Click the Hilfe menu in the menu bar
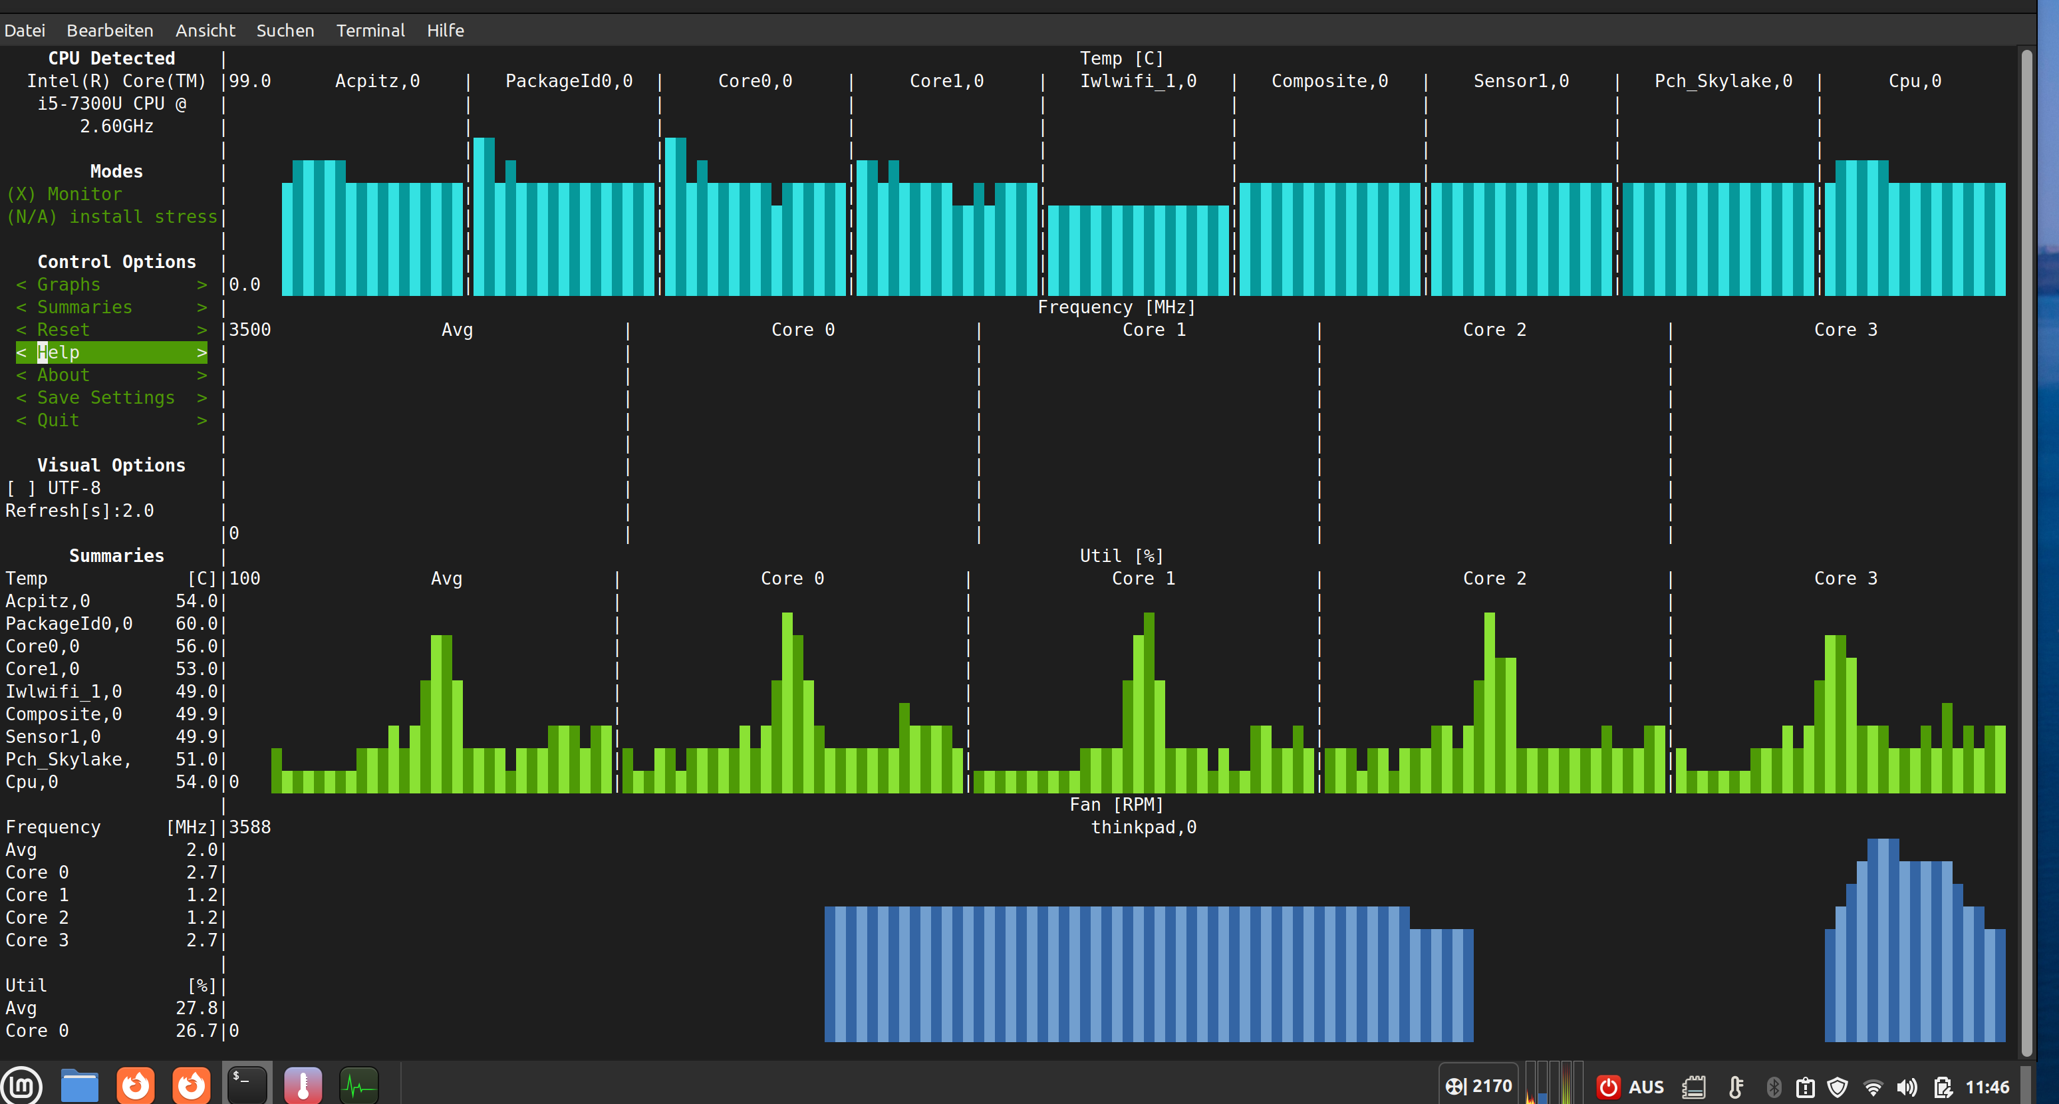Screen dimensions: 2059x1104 click(x=445, y=31)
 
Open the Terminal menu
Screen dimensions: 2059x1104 click(x=370, y=31)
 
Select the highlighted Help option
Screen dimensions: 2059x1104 click(x=112, y=352)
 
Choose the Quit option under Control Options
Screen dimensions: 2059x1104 click(x=59, y=420)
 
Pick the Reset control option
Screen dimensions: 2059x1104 click(x=63, y=330)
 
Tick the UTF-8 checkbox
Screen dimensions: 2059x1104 click(x=21, y=488)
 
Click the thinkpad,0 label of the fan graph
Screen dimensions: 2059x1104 click(x=1144, y=827)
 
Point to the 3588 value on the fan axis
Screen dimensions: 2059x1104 click(x=250, y=827)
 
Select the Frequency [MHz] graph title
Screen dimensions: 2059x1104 click(x=1117, y=308)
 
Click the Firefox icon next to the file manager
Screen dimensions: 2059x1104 click(x=135, y=1085)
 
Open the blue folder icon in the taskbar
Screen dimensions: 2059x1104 click(x=79, y=1085)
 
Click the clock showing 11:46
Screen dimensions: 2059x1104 click(x=1987, y=1087)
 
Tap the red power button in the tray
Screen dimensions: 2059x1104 click(x=1607, y=1087)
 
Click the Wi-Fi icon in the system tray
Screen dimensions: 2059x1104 click(x=1872, y=1087)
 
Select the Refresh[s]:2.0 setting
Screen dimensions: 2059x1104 click(x=80, y=511)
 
